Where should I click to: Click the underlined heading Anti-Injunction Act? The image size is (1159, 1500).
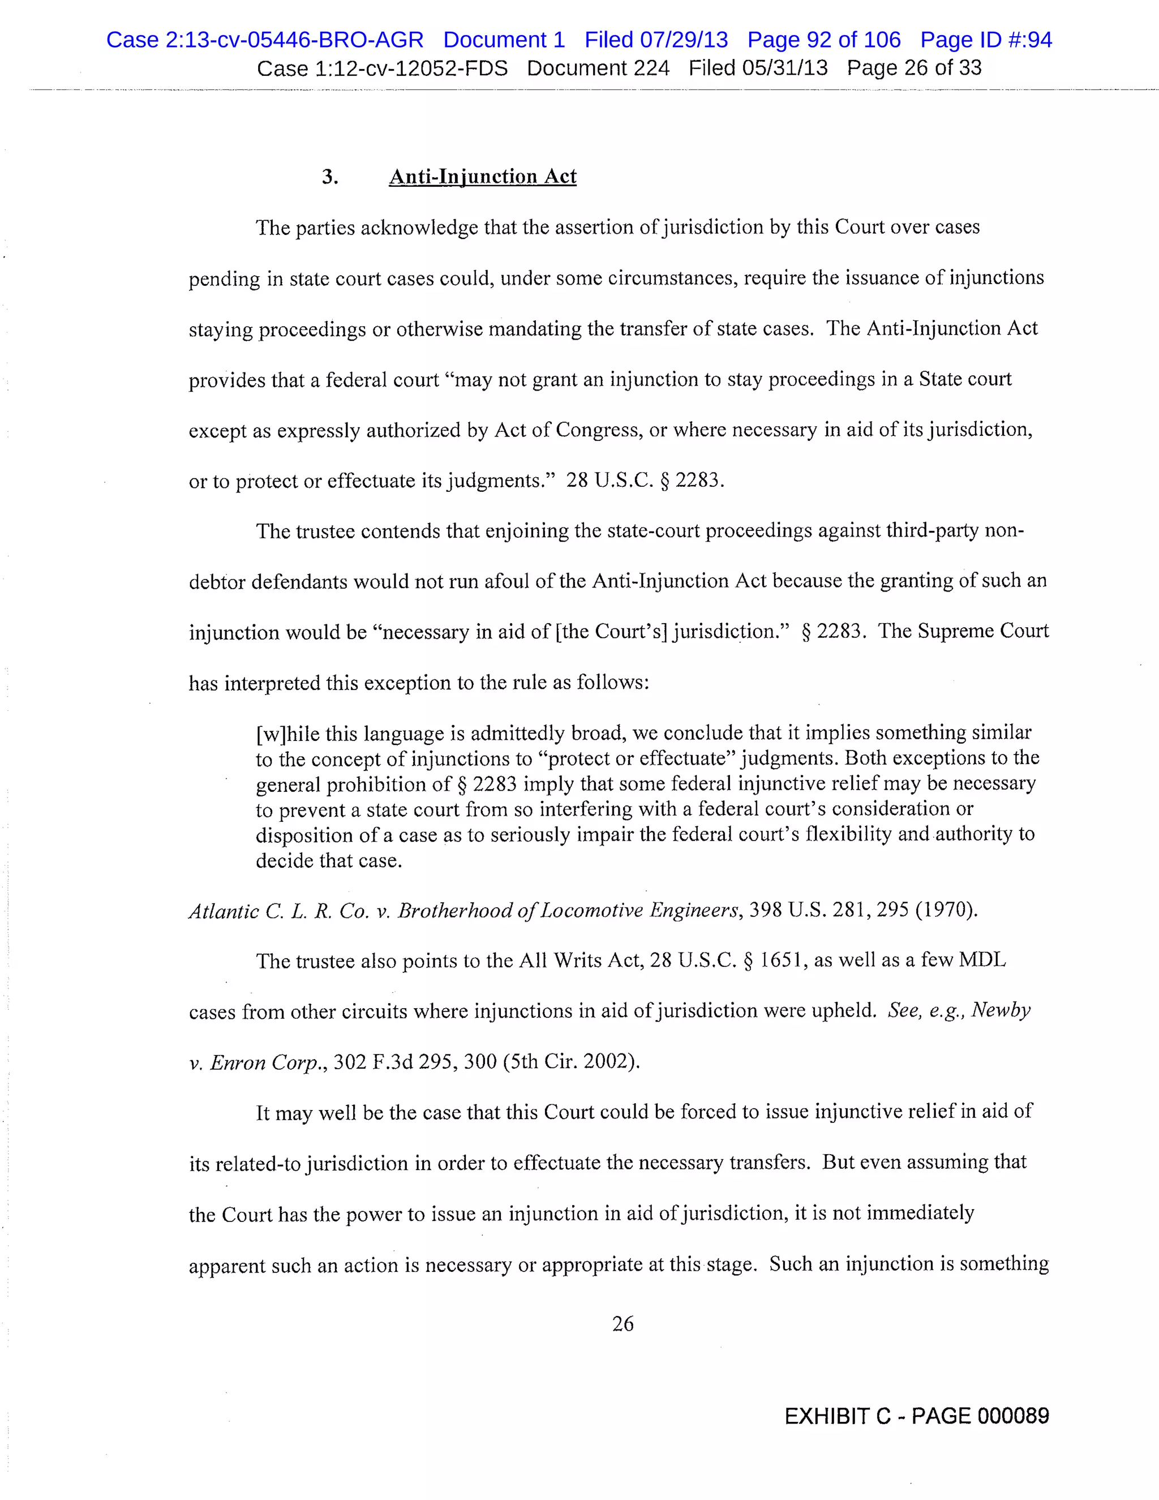[x=482, y=177]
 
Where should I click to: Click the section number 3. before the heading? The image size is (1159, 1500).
[x=329, y=177]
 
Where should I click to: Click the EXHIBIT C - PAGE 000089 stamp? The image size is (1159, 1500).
[x=916, y=1416]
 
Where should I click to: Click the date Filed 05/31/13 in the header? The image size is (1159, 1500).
[x=757, y=68]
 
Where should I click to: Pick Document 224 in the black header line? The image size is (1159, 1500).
[x=598, y=68]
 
